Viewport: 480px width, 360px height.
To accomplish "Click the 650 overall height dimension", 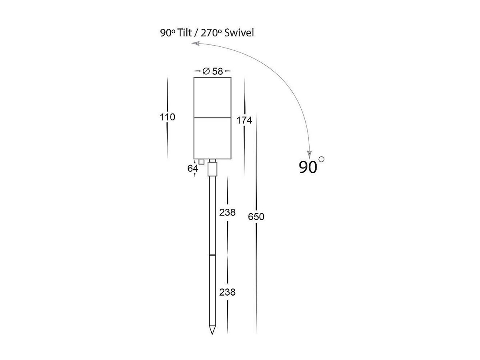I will tap(256, 217).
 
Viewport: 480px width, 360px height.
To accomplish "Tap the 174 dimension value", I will tap(244, 120).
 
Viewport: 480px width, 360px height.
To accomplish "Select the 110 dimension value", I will tap(167, 117).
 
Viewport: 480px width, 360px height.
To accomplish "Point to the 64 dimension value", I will tap(192, 168).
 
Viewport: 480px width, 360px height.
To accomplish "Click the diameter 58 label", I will tap(213, 71).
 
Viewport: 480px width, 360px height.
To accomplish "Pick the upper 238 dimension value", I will tap(227, 212).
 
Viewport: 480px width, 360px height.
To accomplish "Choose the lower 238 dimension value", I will tap(227, 292).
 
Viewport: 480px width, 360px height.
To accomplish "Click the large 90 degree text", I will tap(308, 167).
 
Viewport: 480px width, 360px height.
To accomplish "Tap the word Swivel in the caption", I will tap(239, 33).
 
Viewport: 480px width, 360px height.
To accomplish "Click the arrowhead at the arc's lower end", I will tap(309, 154).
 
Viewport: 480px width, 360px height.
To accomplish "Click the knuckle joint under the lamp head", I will tap(213, 169).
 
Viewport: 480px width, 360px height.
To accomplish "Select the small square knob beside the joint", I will tap(202, 162).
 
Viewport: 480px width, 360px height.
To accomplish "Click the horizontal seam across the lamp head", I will tap(212, 117).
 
